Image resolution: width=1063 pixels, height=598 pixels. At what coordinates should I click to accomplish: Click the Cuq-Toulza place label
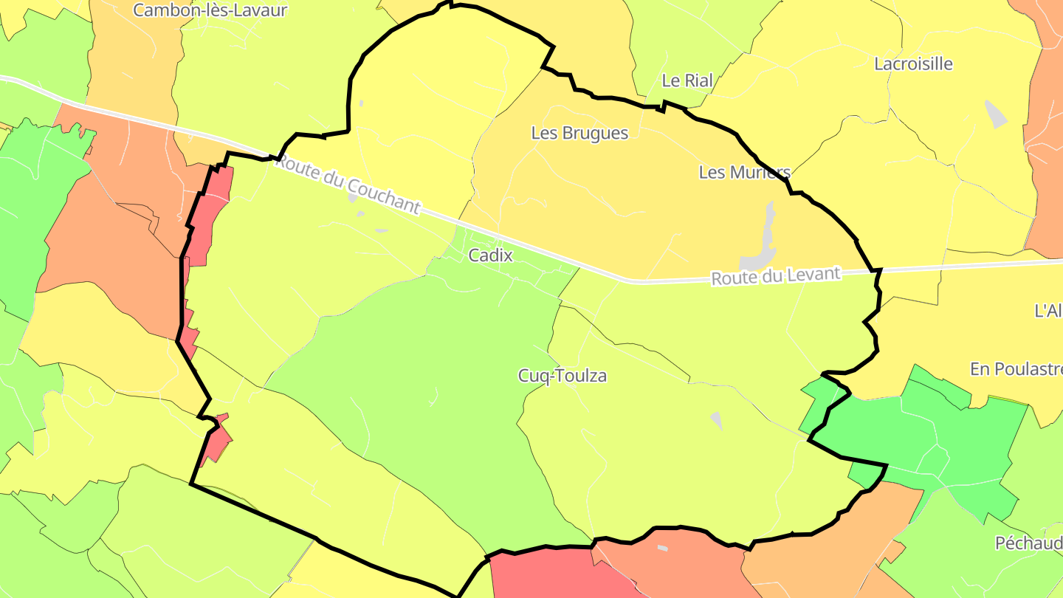click(563, 376)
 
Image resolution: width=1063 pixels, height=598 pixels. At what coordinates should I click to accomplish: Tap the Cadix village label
click(490, 255)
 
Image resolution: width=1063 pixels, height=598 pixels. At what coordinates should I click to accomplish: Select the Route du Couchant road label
click(348, 185)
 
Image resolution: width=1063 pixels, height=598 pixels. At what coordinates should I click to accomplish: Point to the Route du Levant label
click(775, 276)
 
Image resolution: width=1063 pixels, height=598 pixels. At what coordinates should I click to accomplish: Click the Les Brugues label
click(579, 133)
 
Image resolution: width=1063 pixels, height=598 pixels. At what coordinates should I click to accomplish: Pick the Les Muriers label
click(744, 172)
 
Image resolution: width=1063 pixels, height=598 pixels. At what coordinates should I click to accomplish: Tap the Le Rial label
click(687, 80)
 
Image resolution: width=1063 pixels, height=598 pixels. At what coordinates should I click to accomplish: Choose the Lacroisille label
click(913, 63)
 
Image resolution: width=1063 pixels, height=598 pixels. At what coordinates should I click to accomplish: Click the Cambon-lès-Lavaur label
click(210, 10)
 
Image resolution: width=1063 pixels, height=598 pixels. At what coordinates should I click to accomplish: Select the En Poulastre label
click(1016, 369)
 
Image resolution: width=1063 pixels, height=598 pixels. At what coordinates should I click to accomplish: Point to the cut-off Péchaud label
click(1028, 543)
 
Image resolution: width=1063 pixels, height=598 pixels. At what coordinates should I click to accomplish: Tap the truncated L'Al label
click(1048, 311)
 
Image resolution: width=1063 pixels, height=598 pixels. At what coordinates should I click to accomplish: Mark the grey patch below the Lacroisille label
click(996, 114)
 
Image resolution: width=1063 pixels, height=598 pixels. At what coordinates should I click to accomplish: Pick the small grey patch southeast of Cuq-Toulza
click(716, 419)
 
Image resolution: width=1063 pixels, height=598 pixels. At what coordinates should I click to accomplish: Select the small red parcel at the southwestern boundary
click(216, 441)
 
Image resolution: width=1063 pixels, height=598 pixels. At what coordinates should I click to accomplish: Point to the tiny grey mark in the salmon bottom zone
click(662, 548)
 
